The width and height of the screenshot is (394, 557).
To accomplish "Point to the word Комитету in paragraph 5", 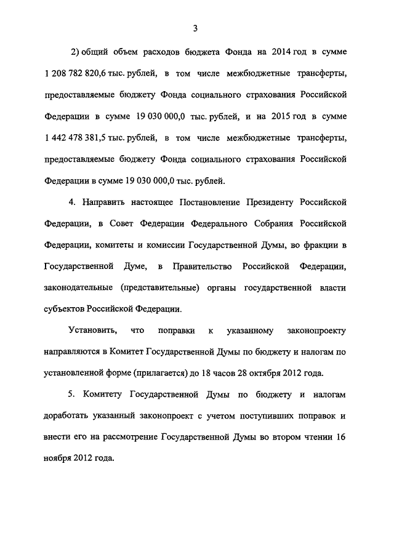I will (110, 395).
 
